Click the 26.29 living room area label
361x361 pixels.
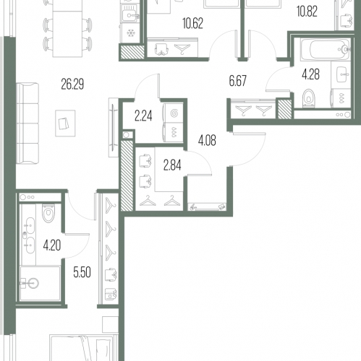[x=72, y=84]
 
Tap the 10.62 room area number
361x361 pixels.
[x=192, y=23]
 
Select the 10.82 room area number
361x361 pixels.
[x=307, y=12]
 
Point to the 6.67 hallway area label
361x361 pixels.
[x=237, y=81]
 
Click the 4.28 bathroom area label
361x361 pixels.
[x=310, y=74]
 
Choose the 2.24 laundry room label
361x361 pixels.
[x=143, y=116]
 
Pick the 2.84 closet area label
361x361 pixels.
[x=172, y=165]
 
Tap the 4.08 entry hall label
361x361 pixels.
[x=207, y=141]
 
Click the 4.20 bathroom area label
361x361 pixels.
[x=52, y=245]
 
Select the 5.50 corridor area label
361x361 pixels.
[x=82, y=272]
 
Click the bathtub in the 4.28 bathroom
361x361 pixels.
[x=326, y=49]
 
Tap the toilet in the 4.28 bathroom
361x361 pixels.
[x=309, y=98]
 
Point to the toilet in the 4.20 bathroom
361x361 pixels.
[x=48, y=213]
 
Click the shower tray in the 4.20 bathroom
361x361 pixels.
[x=40, y=283]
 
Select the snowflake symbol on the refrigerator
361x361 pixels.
[x=130, y=32]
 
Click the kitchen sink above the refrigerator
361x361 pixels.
[x=130, y=14]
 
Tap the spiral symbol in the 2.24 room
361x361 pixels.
[x=174, y=113]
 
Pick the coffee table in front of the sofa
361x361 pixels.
[x=65, y=123]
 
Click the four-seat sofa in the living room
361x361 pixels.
[x=27, y=123]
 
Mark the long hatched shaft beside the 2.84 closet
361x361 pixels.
[x=127, y=175]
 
